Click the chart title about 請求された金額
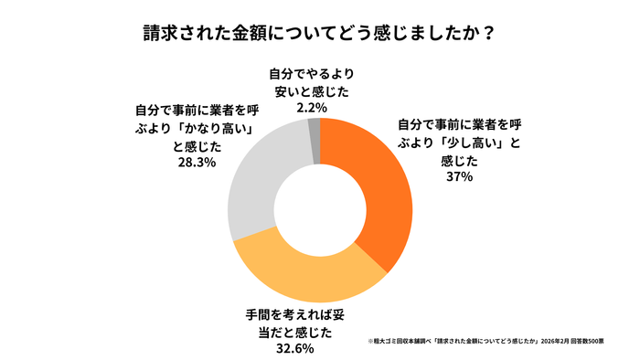point(319,35)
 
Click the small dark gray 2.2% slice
point(314,128)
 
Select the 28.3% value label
point(193,162)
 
